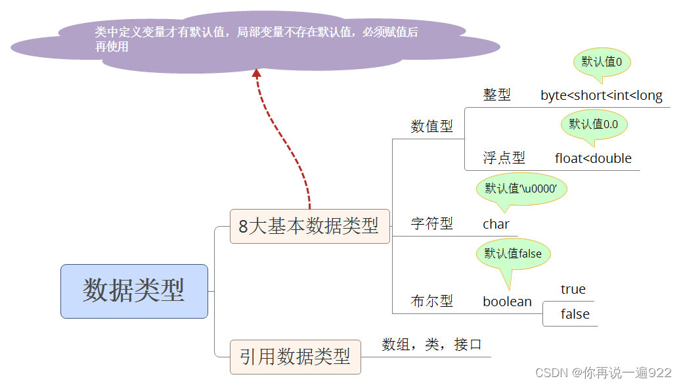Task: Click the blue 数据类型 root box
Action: pyautogui.click(x=134, y=291)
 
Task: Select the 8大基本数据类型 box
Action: pyautogui.click(x=309, y=227)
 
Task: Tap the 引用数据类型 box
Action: pyautogui.click(x=295, y=357)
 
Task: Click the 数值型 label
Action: pyautogui.click(x=431, y=126)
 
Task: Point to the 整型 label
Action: pyautogui.click(x=496, y=95)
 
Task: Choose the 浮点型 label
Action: pyautogui.click(x=504, y=158)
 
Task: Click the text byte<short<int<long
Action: pyautogui.click(x=601, y=95)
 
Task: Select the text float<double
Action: pyautogui.click(x=592, y=158)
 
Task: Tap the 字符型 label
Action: pyautogui.click(x=431, y=223)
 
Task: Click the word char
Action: pyautogui.click(x=496, y=224)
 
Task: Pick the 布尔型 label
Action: pyautogui.click(x=431, y=301)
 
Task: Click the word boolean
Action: pyautogui.click(x=507, y=302)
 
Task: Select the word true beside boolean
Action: pyautogui.click(x=573, y=289)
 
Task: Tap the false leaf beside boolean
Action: pyautogui.click(x=575, y=314)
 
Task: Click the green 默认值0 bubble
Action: pyautogui.click(x=602, y=62)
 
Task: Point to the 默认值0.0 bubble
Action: pyautogui.click(x=594, y=124)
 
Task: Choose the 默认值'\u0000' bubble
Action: pyautogui.click(x=521, y=189)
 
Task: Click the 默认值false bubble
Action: pyautogui.click(x=513, y=254)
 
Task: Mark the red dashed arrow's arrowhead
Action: pyautogui.click(x=257, y=74)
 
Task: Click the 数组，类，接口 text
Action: pyautogui.click(x=431, y=344)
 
